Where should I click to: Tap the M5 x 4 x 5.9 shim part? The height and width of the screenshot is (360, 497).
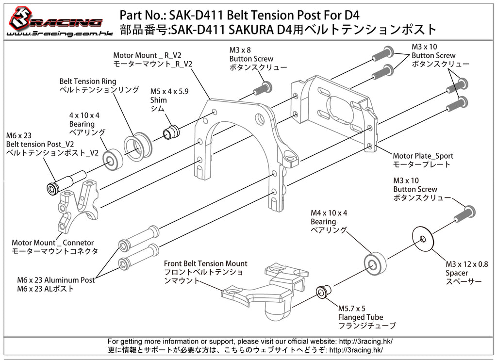click(x=170, y=131)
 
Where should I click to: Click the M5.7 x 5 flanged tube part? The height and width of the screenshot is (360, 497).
click(x=322, y=293)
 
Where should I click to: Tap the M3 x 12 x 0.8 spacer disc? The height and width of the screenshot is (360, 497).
click(x=423, y=238)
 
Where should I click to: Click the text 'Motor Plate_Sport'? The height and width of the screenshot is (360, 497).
click(x=423, y=156)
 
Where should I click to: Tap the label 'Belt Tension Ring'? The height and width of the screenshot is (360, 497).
click(x=88, y=82)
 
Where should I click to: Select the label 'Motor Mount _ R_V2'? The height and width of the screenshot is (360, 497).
click(x=147, y=55)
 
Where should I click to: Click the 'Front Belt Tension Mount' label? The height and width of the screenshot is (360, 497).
click(x=205, y=263)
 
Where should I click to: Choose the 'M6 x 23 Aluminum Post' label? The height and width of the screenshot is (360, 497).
click(x=56, y=280)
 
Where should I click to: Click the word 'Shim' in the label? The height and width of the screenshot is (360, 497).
click(x=158, y=100)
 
